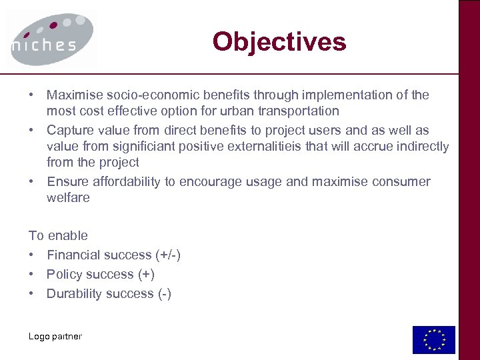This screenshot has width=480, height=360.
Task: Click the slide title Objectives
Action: (279, 42)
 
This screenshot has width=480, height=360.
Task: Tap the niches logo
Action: (53, 39)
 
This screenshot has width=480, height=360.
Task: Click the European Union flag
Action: (433, 339)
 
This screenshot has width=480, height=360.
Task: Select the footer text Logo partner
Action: (55, 337)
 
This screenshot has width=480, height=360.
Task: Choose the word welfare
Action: (68, 198)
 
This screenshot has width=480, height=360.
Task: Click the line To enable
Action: (58, 235)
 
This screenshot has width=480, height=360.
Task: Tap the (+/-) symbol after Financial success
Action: (168, 255)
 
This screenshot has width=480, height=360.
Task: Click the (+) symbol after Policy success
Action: (145, 274)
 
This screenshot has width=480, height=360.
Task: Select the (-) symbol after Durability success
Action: (164, 293)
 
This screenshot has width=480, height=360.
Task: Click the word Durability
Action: (71, 293)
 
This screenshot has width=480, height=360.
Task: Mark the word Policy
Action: (63, 274)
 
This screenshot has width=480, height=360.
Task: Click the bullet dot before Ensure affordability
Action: (32, 182)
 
